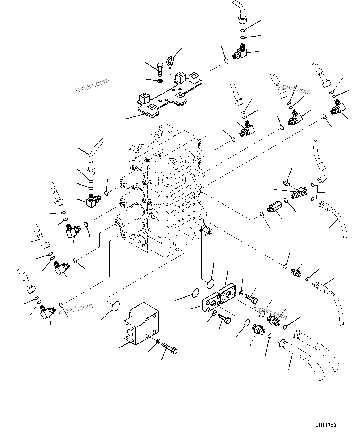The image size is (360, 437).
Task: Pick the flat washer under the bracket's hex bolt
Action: (160, 81)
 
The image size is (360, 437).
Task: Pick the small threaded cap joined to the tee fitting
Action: (286, 184)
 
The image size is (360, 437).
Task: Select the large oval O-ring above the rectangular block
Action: (116, 306)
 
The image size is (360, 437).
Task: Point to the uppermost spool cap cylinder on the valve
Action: (131, 179)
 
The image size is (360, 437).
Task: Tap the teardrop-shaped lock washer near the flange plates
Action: (241, 292)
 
